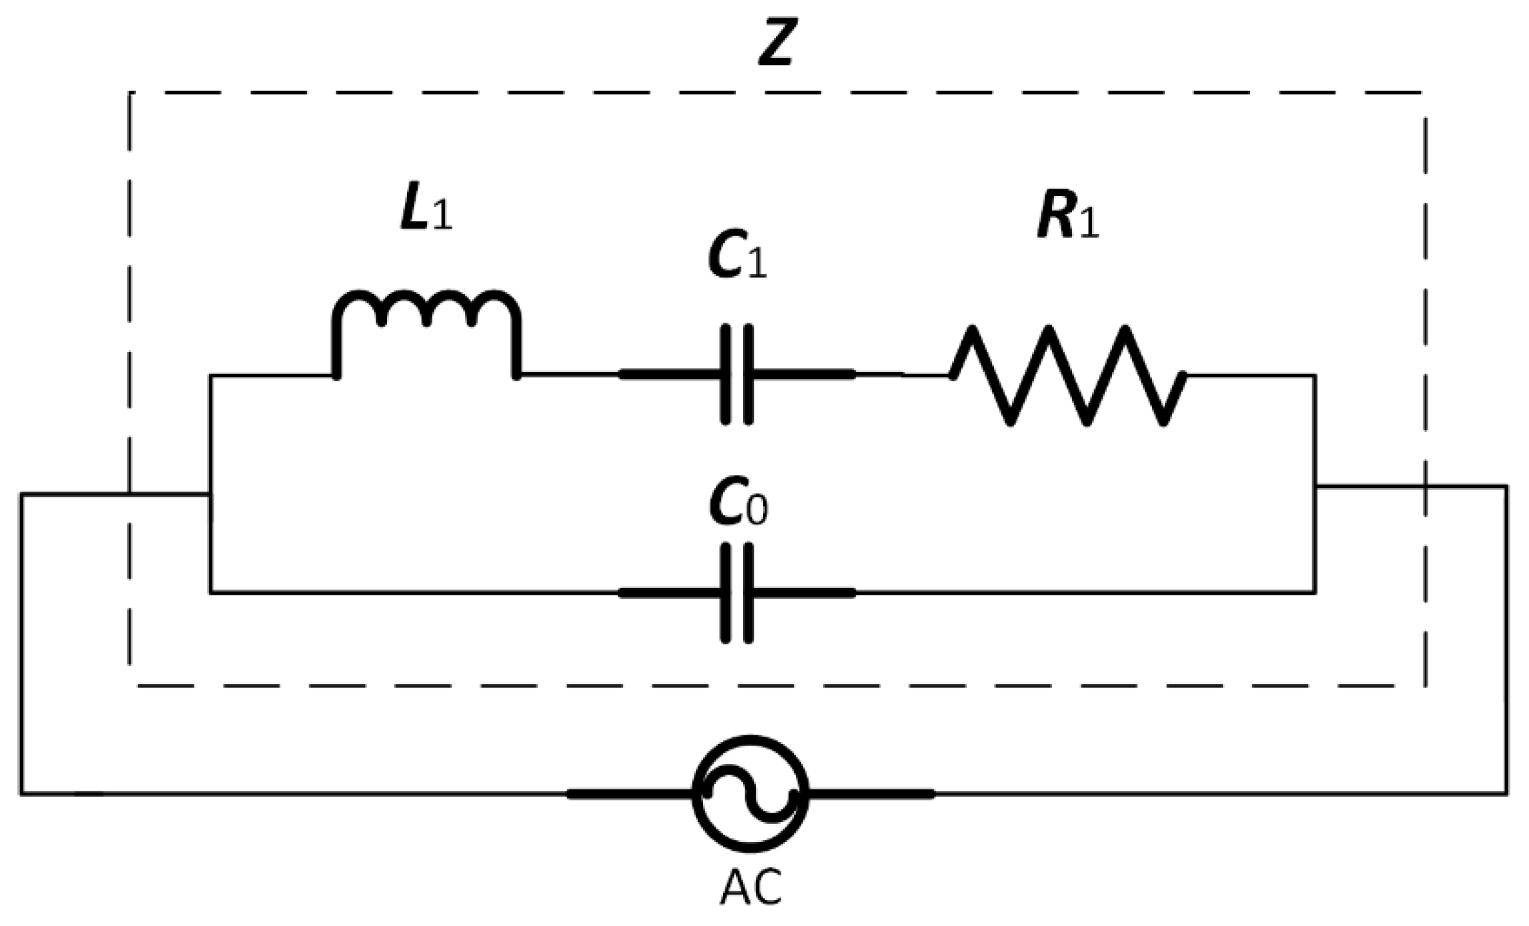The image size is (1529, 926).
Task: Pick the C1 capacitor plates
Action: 737,375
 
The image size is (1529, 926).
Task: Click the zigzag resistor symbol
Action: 1067,375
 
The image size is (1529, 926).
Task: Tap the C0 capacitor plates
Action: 737,593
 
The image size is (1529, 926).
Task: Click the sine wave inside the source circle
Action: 750,794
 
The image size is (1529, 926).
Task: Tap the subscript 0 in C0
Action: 757,512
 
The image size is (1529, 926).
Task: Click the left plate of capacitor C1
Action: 726,375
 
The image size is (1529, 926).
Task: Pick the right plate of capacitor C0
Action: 748,593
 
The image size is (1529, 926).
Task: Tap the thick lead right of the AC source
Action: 871,794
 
